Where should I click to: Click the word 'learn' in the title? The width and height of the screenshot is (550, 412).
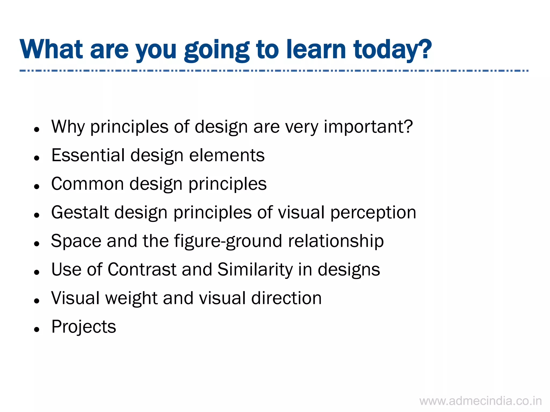[x=316, y=49]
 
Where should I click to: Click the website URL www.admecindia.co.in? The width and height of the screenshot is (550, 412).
[x=480, y=401]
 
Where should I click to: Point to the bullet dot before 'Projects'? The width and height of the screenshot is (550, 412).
[x=37, y=329]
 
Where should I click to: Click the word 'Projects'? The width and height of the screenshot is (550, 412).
[x=84, y=327]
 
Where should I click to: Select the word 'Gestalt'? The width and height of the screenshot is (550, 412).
[x=80, y=212]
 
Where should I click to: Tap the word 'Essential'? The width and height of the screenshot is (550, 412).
[x=88, y=155]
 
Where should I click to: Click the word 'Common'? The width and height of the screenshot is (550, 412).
[x=88, y=184]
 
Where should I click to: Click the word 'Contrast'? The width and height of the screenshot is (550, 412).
[x=142, y=269]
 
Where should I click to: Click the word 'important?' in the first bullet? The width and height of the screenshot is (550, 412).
[x=368, y=127]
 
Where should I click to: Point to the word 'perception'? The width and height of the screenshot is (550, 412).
[x=373, y=212]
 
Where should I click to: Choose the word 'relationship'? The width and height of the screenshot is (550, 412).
[x=336, y=241]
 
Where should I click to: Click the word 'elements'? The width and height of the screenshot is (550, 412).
[x=227, y=155]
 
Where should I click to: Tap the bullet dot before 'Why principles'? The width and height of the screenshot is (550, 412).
[x=37, y=130]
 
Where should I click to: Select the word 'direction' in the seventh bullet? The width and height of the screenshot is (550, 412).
[x=286, y=298]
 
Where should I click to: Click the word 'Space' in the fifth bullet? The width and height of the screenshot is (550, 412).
[x=76, y=241]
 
